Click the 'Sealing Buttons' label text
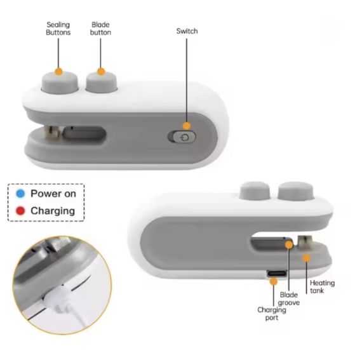(58, 29)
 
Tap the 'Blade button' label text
(100, 29)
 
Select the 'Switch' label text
(187, 31)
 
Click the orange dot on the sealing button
(59, 72)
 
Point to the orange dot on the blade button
(101, 72)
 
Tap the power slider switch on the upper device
(182, 137)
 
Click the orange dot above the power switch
(187, 126)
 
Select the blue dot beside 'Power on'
(20, 194)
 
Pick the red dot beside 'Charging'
(20, 211)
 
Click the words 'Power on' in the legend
(53, 194)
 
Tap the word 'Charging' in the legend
(53, 211)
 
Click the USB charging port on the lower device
(277, 274)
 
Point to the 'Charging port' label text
(272, 314)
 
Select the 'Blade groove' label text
(288, 298)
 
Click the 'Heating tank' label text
(322, 286)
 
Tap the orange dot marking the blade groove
(289, 244)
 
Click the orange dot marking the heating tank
(306, 258)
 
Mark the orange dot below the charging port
(274, 281)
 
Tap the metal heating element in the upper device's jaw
(53, 133)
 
